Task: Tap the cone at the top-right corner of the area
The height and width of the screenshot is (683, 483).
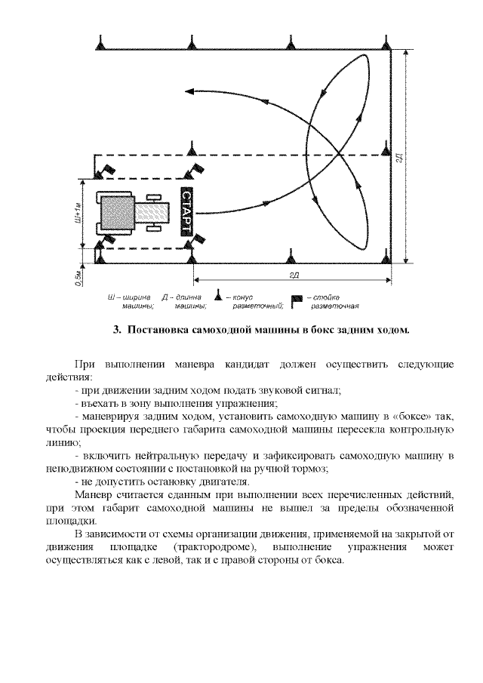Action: pos(387,43)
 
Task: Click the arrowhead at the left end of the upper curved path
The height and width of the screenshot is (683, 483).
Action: pos(189,93)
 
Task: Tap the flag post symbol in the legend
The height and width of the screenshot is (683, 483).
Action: pos(297,300)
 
